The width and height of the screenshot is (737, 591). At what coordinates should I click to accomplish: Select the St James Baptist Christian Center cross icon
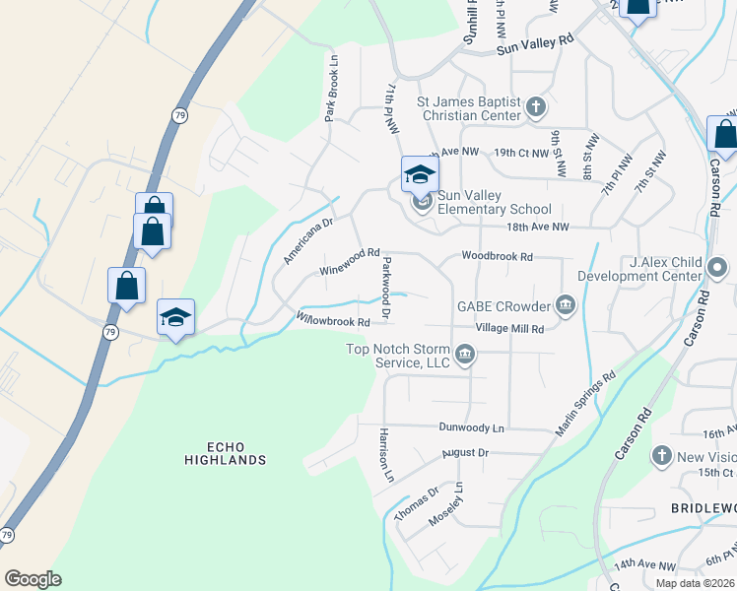pos(535,106)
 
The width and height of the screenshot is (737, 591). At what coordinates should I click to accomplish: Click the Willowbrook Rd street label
pos(333,319)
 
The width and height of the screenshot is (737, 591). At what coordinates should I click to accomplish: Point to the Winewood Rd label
pos(350,261)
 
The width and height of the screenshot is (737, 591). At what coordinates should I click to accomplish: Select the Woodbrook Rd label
pos(498,256)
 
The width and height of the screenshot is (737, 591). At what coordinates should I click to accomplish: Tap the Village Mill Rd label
pos(509,328)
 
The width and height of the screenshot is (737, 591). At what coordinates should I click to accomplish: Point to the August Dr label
pos(466,453)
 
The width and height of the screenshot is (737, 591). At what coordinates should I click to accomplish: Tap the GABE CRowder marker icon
pos(566,305)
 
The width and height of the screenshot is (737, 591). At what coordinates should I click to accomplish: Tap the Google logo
pos(33,579)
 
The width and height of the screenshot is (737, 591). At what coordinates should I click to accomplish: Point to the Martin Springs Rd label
pos(585,404)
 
